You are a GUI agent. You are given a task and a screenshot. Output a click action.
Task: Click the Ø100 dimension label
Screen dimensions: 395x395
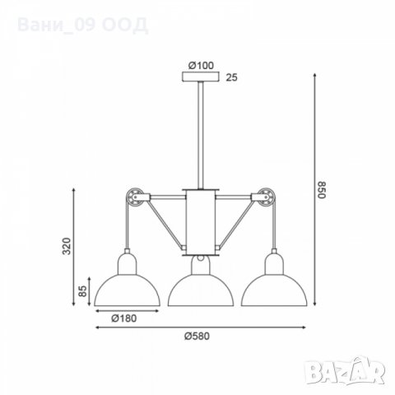coord(201,66)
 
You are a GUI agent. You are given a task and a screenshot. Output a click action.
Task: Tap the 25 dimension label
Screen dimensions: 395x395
coord(231,77)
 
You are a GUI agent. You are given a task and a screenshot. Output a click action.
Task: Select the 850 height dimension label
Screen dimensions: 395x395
coord(321,189)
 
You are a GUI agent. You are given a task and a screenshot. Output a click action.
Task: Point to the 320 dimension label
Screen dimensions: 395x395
coord(67,246)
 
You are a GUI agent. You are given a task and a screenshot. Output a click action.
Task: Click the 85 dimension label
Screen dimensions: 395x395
coord(82,291)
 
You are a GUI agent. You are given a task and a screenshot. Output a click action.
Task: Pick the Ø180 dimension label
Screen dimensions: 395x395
coord(123,318)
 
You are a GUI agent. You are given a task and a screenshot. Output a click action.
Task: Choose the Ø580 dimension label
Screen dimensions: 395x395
coord(197,336)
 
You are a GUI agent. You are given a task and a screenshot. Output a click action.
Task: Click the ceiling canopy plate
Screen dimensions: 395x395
coord(201,77)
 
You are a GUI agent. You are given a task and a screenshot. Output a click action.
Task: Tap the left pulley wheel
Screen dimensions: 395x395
coord(134,198)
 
